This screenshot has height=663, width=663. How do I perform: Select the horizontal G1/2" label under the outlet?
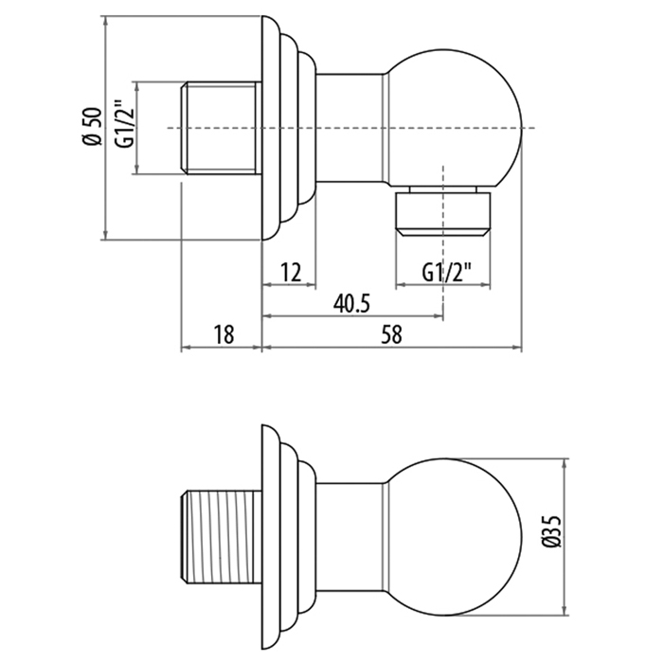[x=444, y=274]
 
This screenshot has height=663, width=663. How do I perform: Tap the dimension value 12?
[x=291, y=274]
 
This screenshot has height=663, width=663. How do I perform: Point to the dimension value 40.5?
[x=350, y=303]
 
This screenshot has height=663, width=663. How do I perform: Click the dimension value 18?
[x=224, y=333]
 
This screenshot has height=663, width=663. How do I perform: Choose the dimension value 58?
[x=391, y=333]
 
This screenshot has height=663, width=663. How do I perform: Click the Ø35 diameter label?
[x=552, y=535]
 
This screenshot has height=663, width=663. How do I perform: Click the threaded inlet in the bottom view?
[x=219, y=536]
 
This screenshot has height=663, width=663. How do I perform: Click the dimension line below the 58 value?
[x=391, y=348]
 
